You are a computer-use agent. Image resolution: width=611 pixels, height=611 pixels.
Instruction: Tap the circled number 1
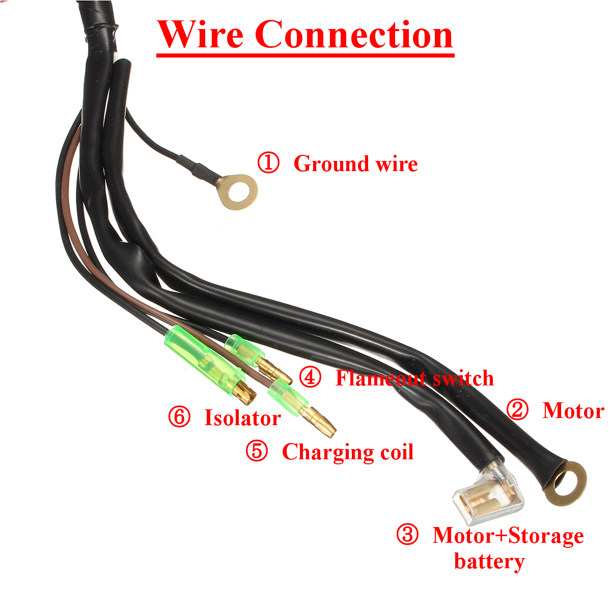coord(268,163)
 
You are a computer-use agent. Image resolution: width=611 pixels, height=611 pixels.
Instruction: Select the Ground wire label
coord(355,164)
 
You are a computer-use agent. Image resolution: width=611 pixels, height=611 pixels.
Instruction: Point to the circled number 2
coord(518,410)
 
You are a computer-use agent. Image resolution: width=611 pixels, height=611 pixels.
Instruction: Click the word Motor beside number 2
coord(573,410)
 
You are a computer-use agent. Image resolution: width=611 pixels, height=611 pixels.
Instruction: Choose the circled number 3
coord(407,535)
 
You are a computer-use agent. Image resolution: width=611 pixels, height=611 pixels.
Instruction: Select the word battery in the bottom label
coord(489,562)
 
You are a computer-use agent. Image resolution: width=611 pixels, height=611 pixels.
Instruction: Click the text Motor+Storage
coord(508,536)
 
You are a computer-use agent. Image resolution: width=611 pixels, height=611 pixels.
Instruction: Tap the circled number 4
coord(310,377)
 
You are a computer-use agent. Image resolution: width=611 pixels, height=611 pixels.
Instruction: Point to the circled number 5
coord(257,451)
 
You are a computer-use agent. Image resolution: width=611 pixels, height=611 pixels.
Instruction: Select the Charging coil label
coord(348,452)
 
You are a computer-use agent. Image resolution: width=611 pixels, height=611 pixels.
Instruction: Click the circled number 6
coord(179,417)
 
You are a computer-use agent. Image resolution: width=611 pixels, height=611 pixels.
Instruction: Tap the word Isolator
coord(242,418)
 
